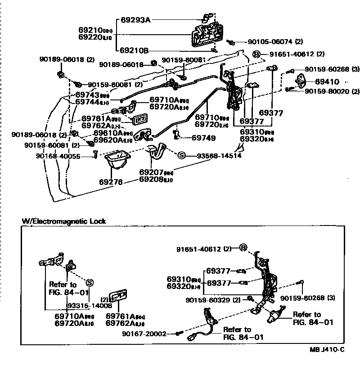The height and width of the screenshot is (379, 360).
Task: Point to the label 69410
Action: click(327, 82)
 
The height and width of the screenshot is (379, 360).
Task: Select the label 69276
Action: click(111, 182)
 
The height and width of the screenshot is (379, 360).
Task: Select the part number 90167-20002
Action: click(144, 334)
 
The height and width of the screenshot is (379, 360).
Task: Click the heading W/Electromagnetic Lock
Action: click(64, 221)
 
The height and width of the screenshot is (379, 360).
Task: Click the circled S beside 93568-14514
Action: click(182, 156)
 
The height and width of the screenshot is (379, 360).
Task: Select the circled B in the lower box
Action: click(243, 248)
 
